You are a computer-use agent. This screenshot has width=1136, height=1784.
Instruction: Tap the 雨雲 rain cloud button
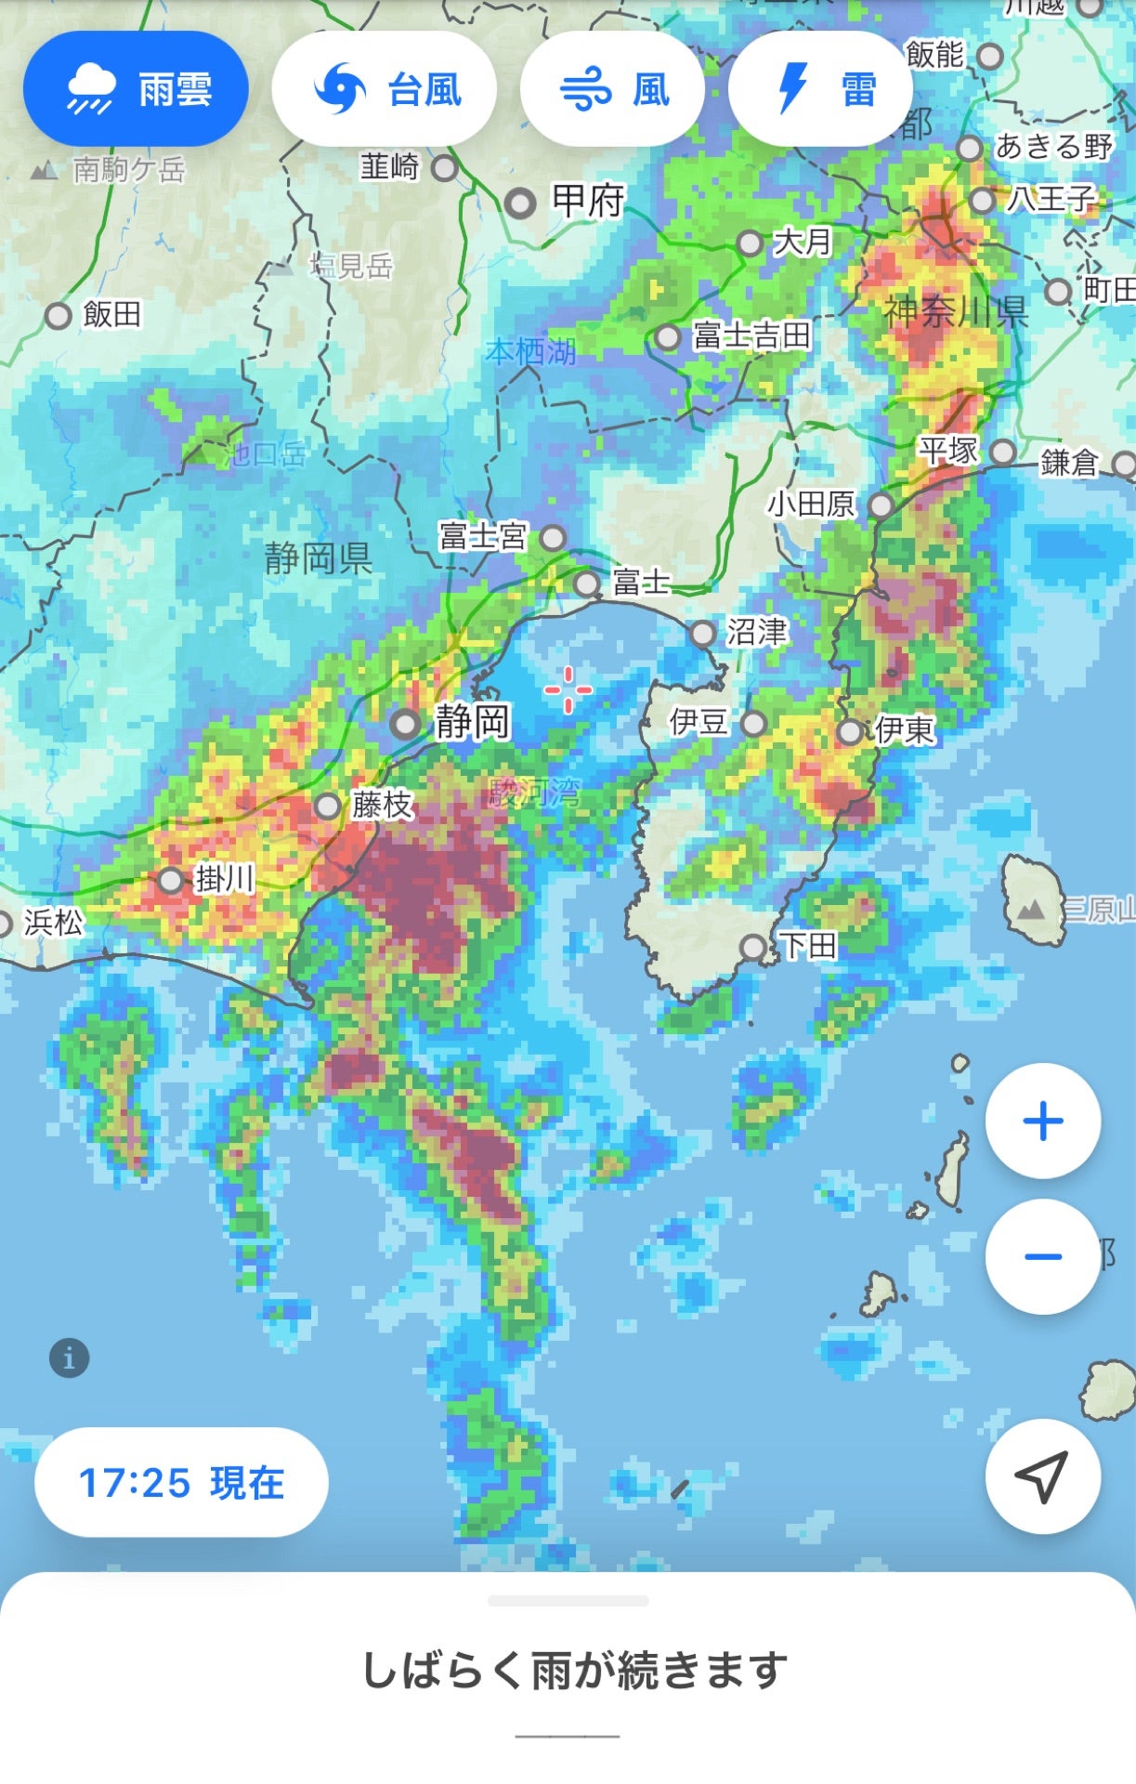click(x=136, y=89)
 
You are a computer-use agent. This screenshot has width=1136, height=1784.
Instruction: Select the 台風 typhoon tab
click(x=385, y=89)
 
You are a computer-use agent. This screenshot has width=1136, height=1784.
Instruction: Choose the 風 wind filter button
click(x=612, y=89)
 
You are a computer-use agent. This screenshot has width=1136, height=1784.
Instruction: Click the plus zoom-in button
click(x=1042, y=1121)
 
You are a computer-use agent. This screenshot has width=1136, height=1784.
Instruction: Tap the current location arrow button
click(x=1042, y=1476)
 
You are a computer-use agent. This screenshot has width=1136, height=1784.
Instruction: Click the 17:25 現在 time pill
click(x=181, y=1483)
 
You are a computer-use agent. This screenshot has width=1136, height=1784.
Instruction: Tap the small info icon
click(x=69, y=1358)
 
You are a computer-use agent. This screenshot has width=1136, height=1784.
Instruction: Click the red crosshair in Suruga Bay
click(x=568, y=690)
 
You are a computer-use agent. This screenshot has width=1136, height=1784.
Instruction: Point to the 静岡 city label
click(x=473, y=721)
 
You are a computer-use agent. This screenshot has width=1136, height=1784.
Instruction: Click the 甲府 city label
click(x=588, y=200)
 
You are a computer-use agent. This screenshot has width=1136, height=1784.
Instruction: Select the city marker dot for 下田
click(x=753, y=948)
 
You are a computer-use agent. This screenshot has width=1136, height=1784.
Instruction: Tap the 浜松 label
click(x=53, y=922)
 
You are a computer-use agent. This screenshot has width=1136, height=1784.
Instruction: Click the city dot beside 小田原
click(x=881, y=505)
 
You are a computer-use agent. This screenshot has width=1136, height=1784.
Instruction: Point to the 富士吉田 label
click(x=751, y=335)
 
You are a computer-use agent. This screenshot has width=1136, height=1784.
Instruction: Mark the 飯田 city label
click(x=112, y=314)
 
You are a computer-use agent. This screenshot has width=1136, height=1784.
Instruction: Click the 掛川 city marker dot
click(x=171, y=880)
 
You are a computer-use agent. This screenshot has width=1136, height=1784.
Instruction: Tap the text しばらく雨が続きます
click(x=574, y=1671)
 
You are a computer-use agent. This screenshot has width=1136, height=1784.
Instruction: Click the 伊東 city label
click(x=904, y=730)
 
